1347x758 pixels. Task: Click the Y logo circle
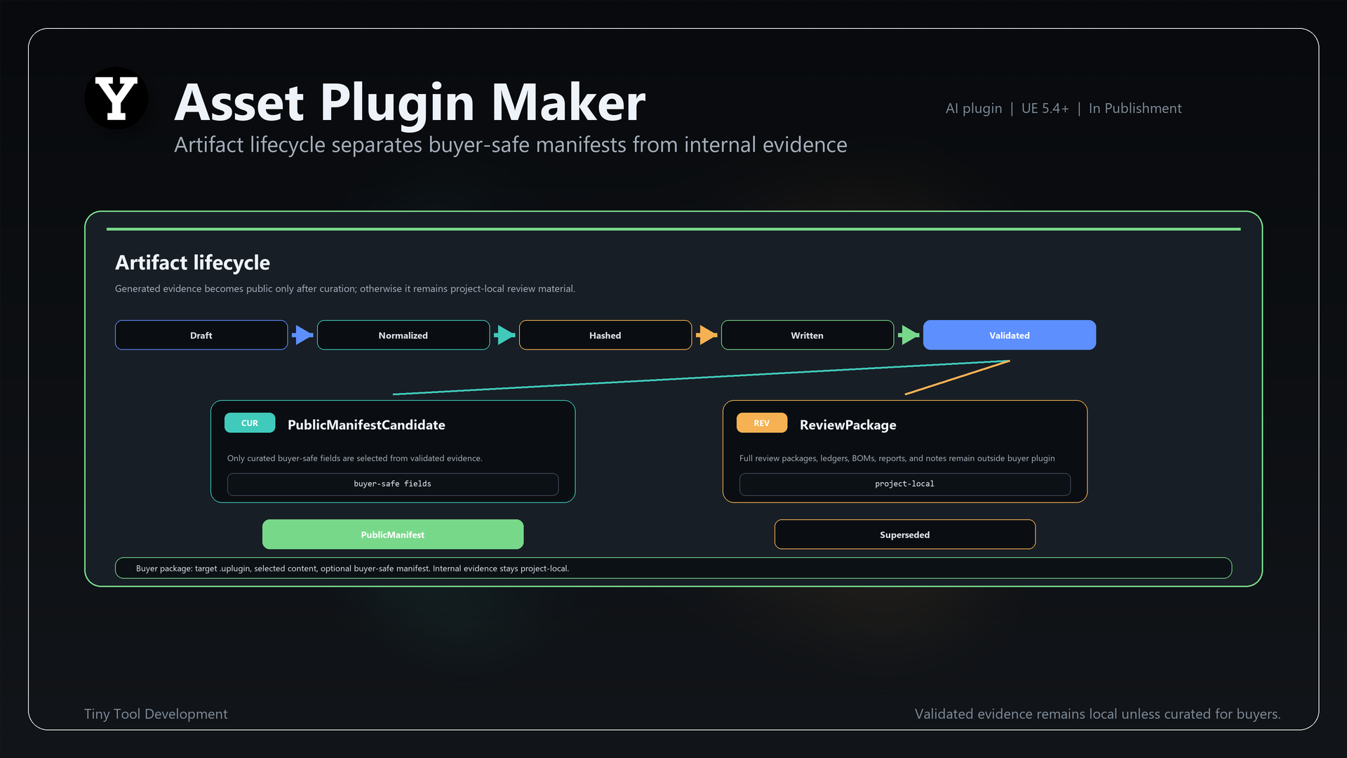tap(116, 98)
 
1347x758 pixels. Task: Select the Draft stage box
tap(201, 335)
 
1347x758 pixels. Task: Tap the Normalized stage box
tap(403, 335)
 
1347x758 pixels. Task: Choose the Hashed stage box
tap(605, 335)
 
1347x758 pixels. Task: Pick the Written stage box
tap(807, 335)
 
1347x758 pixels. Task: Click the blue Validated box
tap(1010, 335)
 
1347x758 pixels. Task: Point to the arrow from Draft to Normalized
tap(302, 335)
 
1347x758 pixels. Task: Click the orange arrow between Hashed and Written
tap(706, 335)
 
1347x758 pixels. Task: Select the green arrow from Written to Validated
tap(909, 335)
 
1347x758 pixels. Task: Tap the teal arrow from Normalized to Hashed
tap(504, 335)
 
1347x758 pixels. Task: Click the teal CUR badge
tap(250, 423)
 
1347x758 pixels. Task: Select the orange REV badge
tap(762, 423)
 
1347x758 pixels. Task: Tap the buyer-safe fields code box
tap(393, 484)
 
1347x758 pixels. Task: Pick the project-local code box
tap(905, 484)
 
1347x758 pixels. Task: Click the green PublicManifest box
tap(393, 534)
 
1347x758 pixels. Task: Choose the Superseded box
tap(905, 534)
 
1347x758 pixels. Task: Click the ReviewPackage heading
tap(848, 425)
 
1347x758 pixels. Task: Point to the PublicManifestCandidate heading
tap(366, 425)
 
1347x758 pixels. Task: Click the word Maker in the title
tap(568, 102)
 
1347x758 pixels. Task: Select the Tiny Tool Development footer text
tap(156, 714)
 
